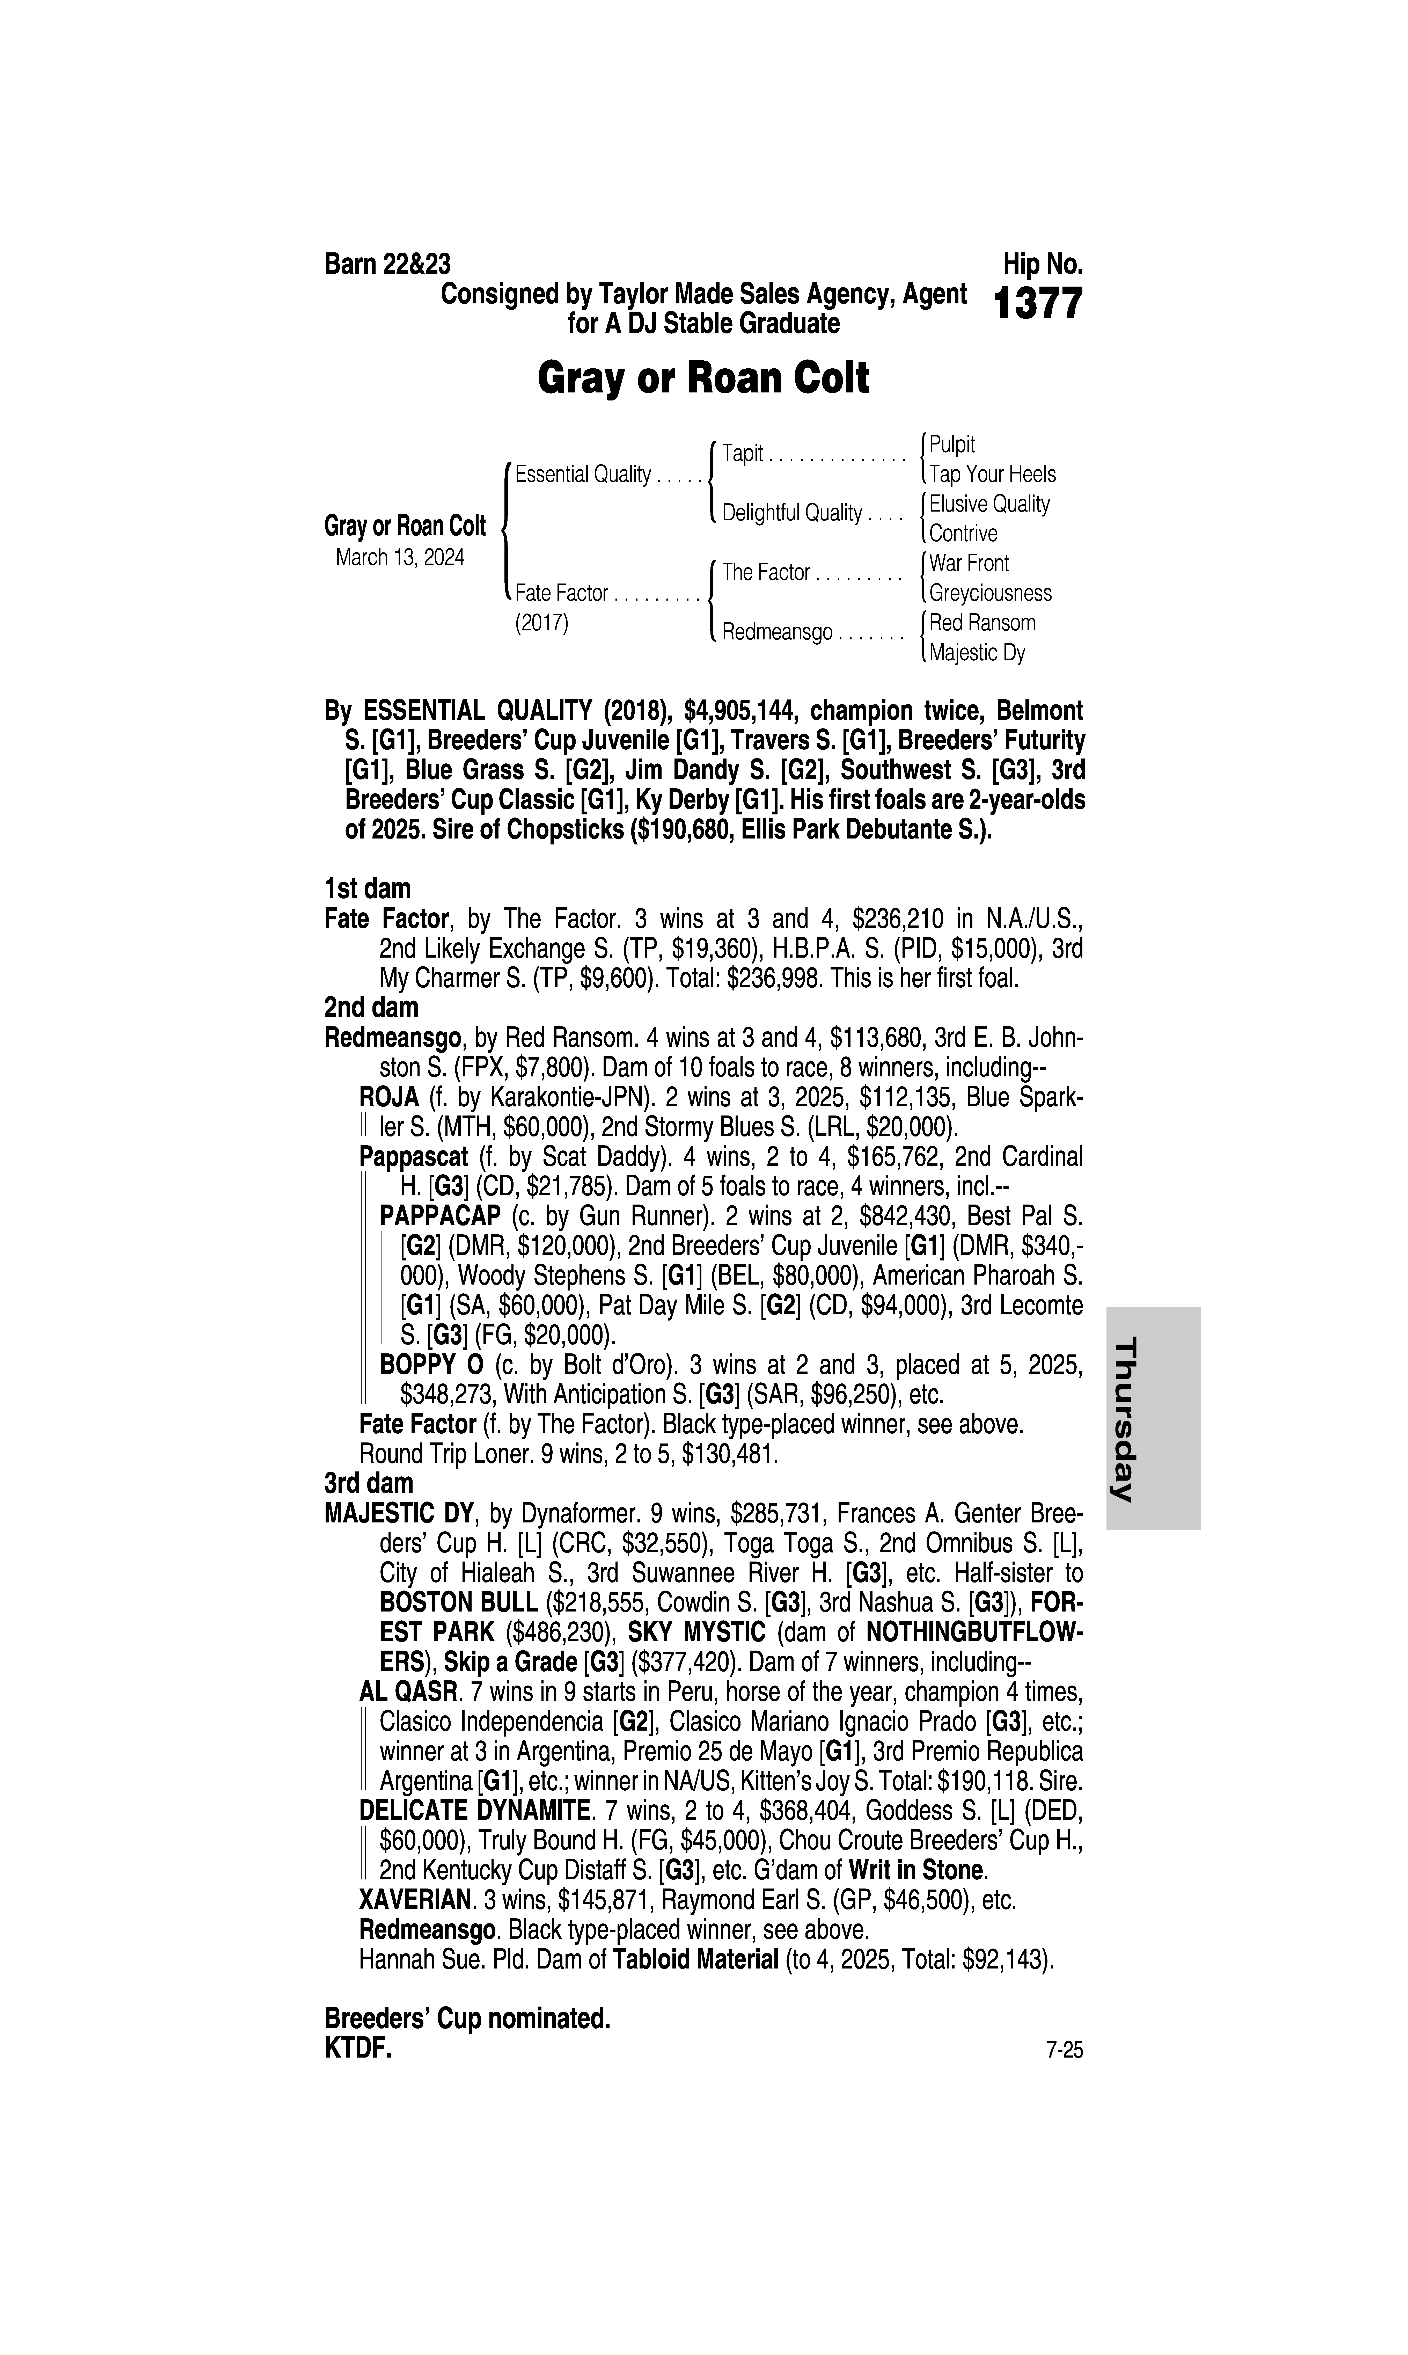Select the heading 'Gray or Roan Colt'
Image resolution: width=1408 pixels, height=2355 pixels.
tap(703, 378)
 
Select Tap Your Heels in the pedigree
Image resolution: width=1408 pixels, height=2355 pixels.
tap(992, 475)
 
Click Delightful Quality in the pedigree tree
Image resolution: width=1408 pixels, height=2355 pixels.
tap(791, 513)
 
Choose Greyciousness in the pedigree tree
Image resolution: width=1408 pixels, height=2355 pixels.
tap(989, 593)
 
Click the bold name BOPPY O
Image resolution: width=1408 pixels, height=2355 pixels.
tap(432, 1365)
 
